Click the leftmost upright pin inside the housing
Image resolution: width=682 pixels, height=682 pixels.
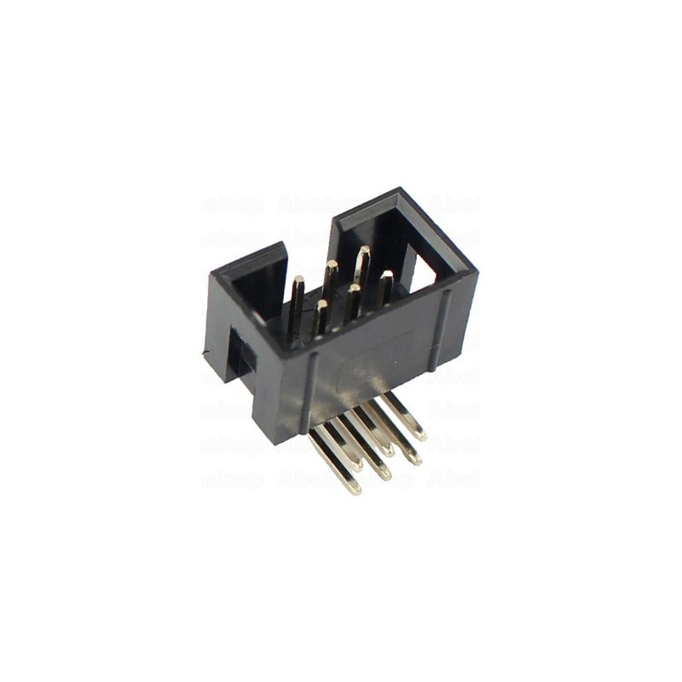point(297,307)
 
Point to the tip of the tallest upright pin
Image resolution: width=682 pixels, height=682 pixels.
point(363,251)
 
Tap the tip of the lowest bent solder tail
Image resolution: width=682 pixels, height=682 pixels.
point(352,489)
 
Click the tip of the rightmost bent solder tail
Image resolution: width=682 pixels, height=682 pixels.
point(419,436)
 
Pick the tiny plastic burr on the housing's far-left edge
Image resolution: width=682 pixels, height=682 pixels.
point(205,351)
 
